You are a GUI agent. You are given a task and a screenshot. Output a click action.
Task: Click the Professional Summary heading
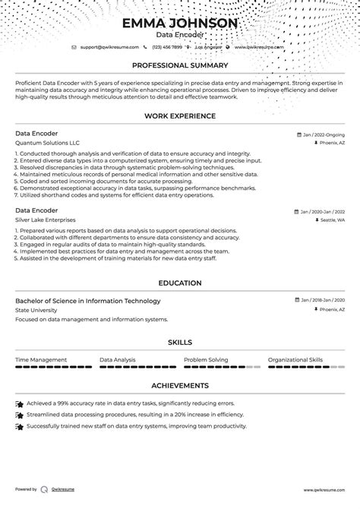pyautogui.click(x=180, y=66)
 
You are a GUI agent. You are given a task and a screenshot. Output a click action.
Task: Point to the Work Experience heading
pyautogui.click(x=180, y=116)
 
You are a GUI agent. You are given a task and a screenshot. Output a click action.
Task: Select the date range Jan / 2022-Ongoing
pyautogui.click(x=322, y=133)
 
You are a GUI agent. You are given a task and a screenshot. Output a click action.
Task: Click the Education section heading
pyautogui.click(x=180, y=283)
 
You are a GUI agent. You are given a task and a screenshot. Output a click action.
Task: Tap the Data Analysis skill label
pyautogui.click(x=118, y=359)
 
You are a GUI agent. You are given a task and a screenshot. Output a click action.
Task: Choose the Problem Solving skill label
pyautogui.click(x=206, y=359)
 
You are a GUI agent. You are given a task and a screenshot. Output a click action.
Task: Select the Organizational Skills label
pyautogui.click(x=295, y=359)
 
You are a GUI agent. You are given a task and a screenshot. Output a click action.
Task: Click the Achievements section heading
pyautogui.click(x=180, y=385)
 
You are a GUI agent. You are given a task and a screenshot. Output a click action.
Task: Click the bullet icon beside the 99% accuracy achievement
pyautogui.click(x=20, y=404)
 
